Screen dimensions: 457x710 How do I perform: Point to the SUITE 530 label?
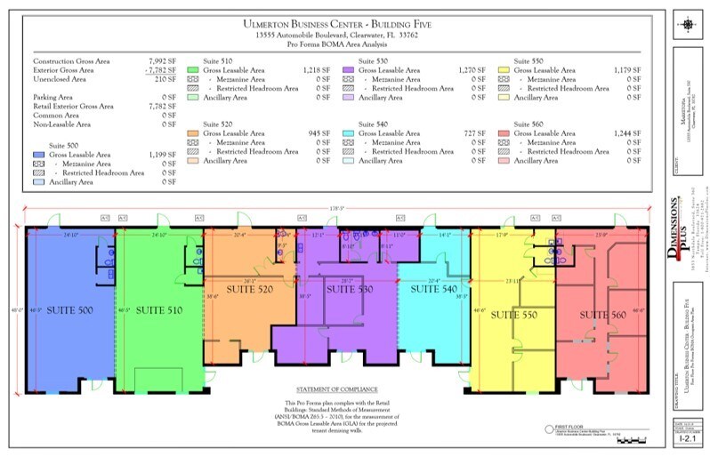pyautogui.click(x=350, y=290)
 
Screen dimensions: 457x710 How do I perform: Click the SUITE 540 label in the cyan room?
pyautogui.click(x=433, y=290)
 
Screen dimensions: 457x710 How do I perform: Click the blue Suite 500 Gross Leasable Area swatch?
pyautogui.click(x=39, y=155)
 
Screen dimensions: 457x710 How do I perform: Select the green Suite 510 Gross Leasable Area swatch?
pyautogui.click(x=192, y=69)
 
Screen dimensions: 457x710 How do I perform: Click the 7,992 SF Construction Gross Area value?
pyautogui.click(x=161, y=60)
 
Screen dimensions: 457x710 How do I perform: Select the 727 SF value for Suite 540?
pyautogui.click(x=475, y=133)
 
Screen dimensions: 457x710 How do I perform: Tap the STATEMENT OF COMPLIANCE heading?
pyautogui.click(x=337, y=390)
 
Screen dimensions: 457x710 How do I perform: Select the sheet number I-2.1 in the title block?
pyautogui.click(x=686, y=439)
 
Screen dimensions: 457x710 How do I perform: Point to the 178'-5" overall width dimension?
pyautogui.click(x=337, y=209)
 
